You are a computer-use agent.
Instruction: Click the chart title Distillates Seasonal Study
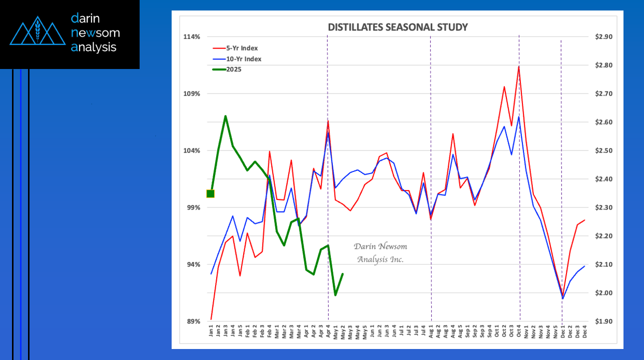pyautogui.click(x=397, y=27)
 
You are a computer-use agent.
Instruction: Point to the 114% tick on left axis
pyautogui.click(x=193, y=37)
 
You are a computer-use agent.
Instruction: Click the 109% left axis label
pyautogui.click(x=193, y=94)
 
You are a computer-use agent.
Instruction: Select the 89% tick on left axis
pyautogui.click(x=194, y=321)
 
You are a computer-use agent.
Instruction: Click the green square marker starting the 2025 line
pyautogui.click(x=211, y=194)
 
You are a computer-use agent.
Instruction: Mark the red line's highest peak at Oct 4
pyautogui.click(x=519, y=66)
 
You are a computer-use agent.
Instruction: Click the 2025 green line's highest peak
pyautogui.click(x=226, y=116)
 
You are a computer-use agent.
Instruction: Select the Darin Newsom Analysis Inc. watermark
pyautogui.click(x=380, y=252)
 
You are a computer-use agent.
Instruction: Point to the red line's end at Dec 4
pyautogui.click(x=584, y=220)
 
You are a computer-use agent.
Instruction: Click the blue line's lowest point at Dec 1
pyautogui.click(x=562, y=299)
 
